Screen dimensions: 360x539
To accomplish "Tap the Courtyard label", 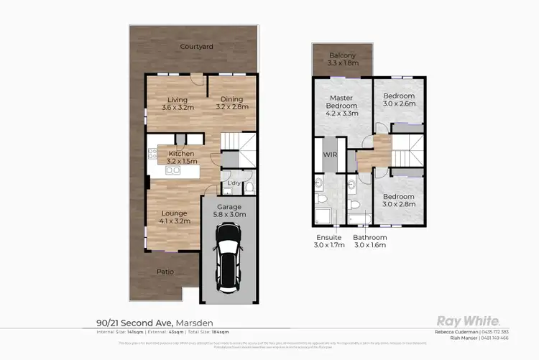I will (x=195, y=47).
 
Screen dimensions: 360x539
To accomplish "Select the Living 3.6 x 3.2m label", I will (x=178, y=103).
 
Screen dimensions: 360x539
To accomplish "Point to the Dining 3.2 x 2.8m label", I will (x=232, y=103).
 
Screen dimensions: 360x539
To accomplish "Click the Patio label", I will (x=166, y=272).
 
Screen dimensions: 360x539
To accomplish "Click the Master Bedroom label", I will (x=342, y=105).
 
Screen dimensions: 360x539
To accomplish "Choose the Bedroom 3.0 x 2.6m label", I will (x=398, y=99).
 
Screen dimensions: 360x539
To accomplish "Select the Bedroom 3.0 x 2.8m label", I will (x=398, y=200).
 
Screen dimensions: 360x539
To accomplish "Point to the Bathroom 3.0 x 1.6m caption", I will (x=370, y=241).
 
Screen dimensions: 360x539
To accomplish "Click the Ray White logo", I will (x=469, y=321).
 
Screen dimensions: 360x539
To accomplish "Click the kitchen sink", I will (x=172, y=170).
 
